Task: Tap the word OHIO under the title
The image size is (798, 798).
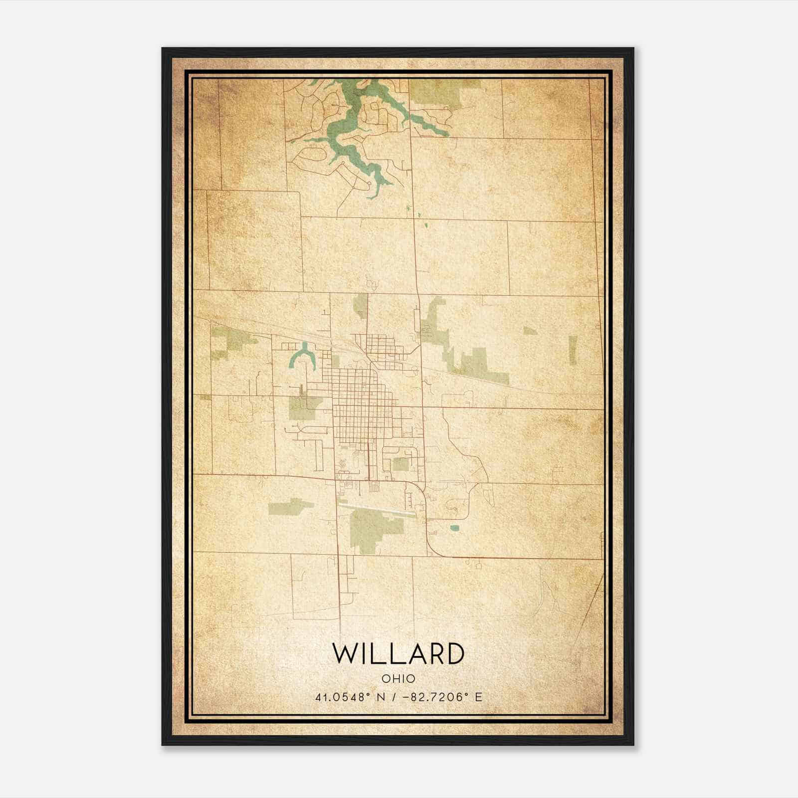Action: pos(399,678)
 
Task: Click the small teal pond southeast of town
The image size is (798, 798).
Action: pos(454,528)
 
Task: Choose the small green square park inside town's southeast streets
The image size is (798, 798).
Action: pos(401,464)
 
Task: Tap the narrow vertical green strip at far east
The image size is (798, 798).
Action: pos(573,349)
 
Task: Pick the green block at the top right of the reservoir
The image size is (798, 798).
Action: pos(439,92)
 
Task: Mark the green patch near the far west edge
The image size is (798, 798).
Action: pos(227,342)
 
